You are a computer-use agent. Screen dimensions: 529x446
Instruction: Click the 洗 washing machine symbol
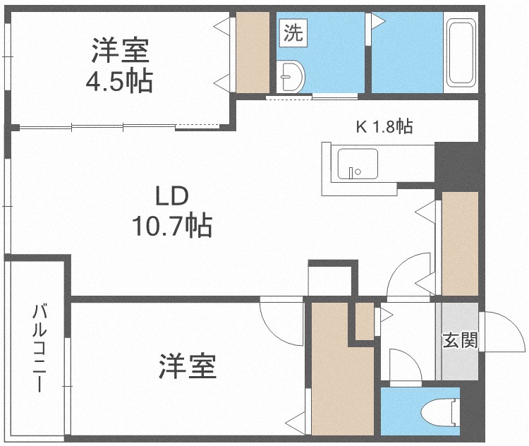coord(293,32)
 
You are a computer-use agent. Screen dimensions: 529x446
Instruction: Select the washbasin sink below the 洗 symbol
coord(292,76)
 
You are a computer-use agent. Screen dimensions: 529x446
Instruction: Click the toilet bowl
coord(441,412)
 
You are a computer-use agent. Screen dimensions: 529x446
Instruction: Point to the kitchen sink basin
coord(358,164)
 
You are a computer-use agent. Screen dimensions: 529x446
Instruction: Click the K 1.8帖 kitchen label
coord(384,126)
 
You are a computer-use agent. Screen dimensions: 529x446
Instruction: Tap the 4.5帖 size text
coord(119,81)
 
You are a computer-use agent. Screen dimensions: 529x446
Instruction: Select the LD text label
coord(171,196)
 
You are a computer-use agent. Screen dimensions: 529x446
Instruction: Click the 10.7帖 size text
coord(172,225)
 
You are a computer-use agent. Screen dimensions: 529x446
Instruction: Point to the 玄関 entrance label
coord(460,339)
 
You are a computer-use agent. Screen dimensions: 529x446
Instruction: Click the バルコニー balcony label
coord(39,348)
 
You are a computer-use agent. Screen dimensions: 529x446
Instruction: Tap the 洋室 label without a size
coord(187,366)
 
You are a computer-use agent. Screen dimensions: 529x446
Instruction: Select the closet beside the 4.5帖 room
coord(253,52)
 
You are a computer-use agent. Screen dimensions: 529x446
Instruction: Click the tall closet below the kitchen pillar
coord(460,243)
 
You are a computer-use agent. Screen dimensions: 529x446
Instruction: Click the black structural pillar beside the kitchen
coord(457,164)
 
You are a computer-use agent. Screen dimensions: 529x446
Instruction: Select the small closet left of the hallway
coord(365,321)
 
